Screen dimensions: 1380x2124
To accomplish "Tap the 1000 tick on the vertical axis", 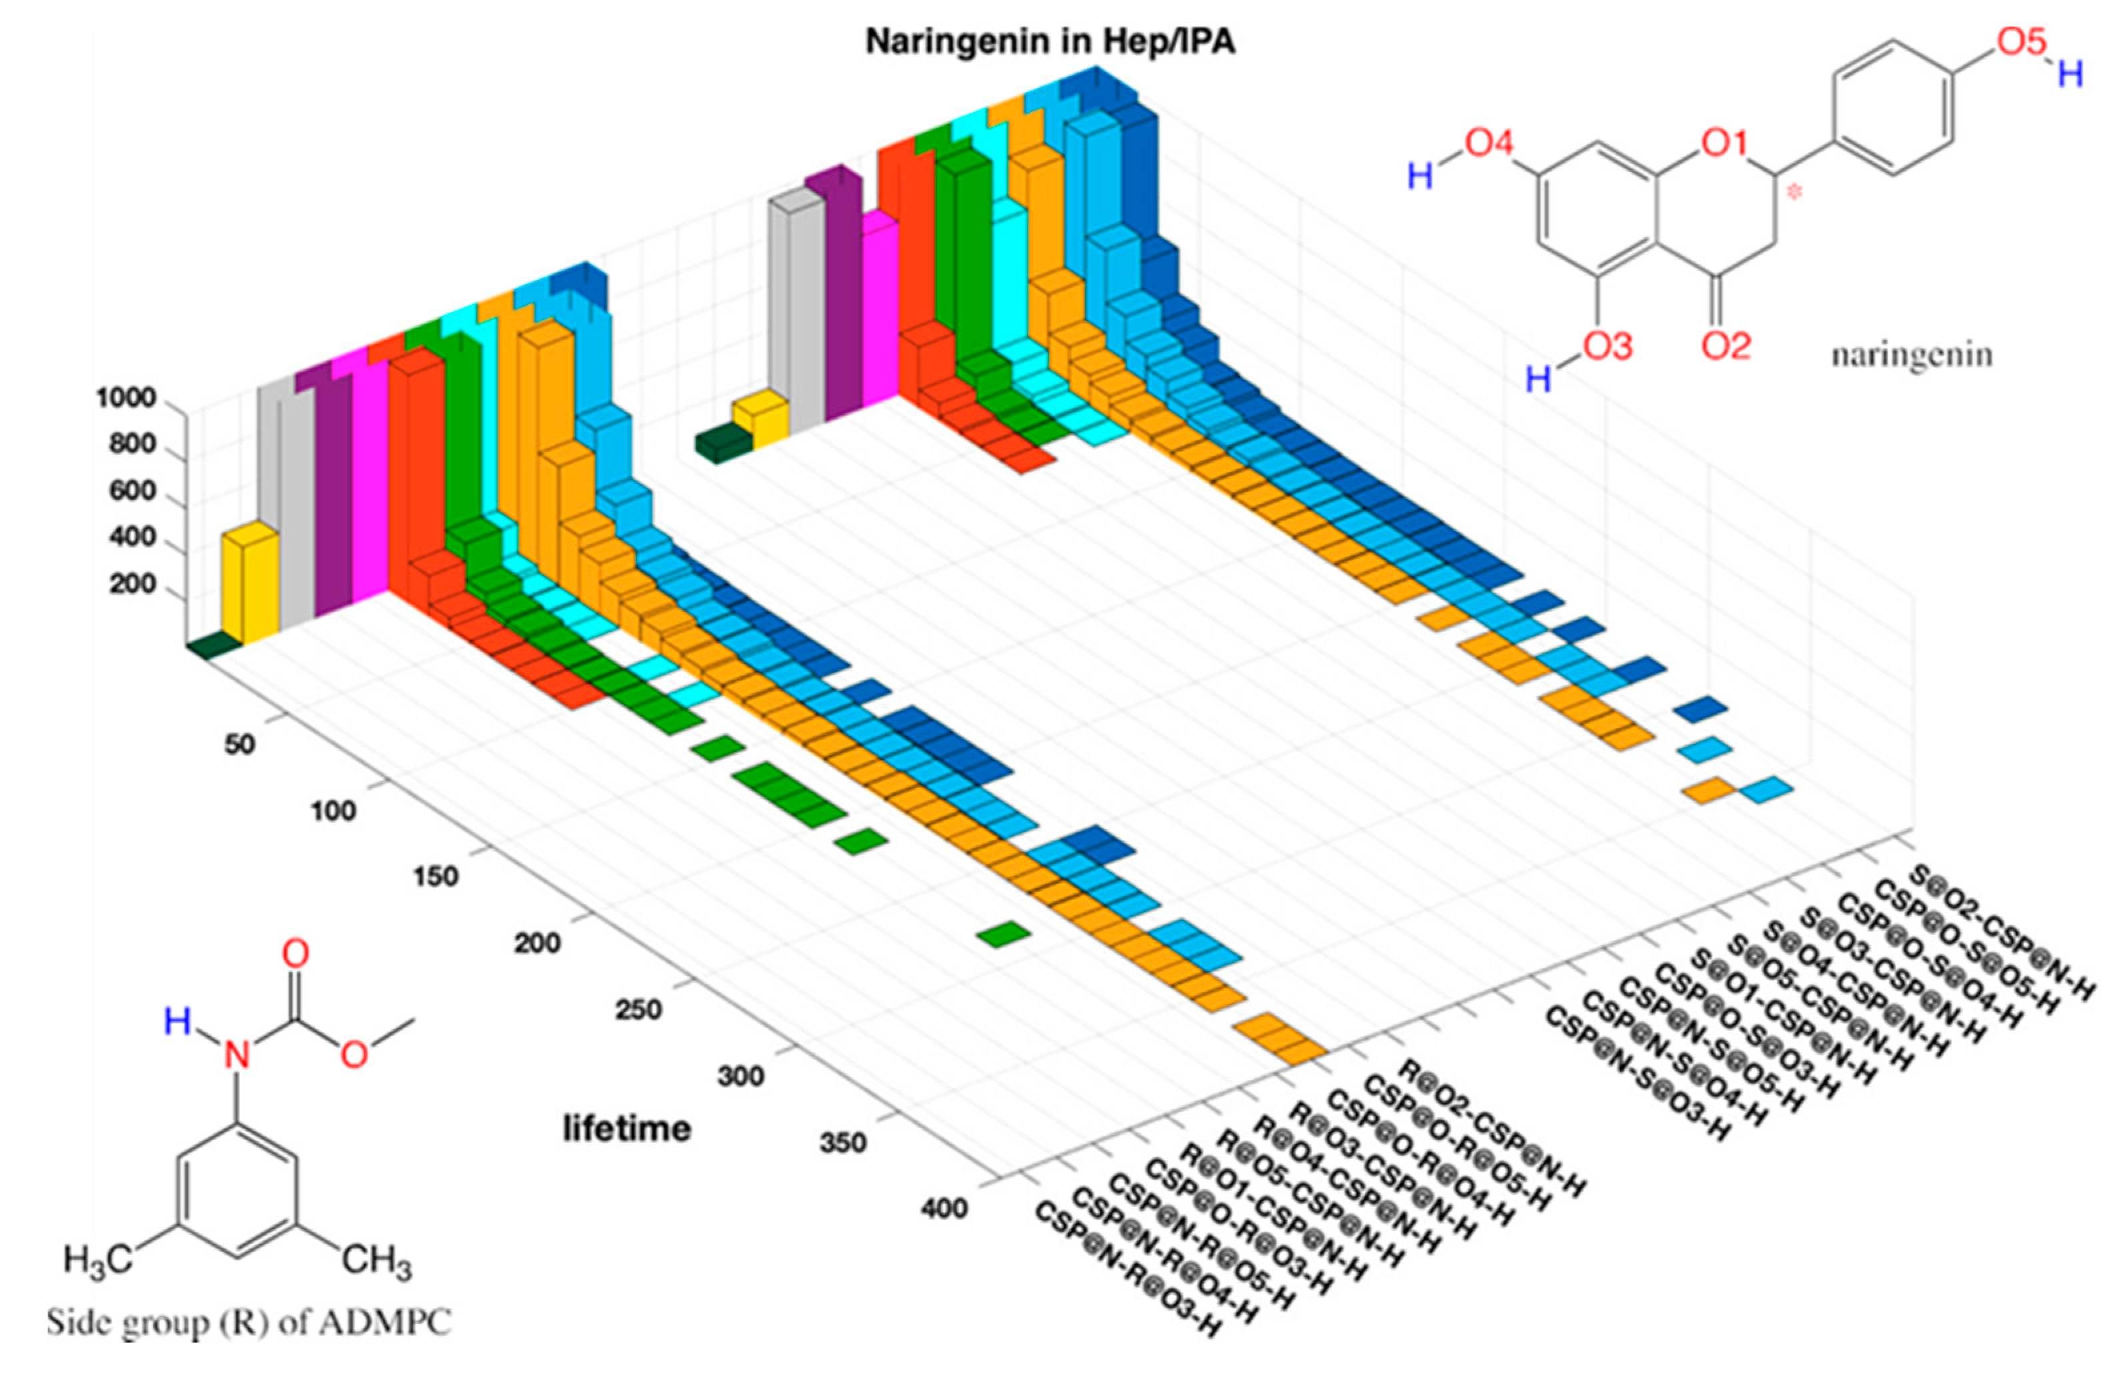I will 126,397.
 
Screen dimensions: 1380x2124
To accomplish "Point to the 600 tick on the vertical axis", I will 131,490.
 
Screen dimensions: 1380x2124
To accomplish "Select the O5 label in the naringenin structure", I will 2021,42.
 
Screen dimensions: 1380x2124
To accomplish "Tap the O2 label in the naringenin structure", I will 1726,345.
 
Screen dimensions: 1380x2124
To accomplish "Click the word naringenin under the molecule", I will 1911,355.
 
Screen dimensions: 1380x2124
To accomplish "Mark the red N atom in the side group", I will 237,1056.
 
